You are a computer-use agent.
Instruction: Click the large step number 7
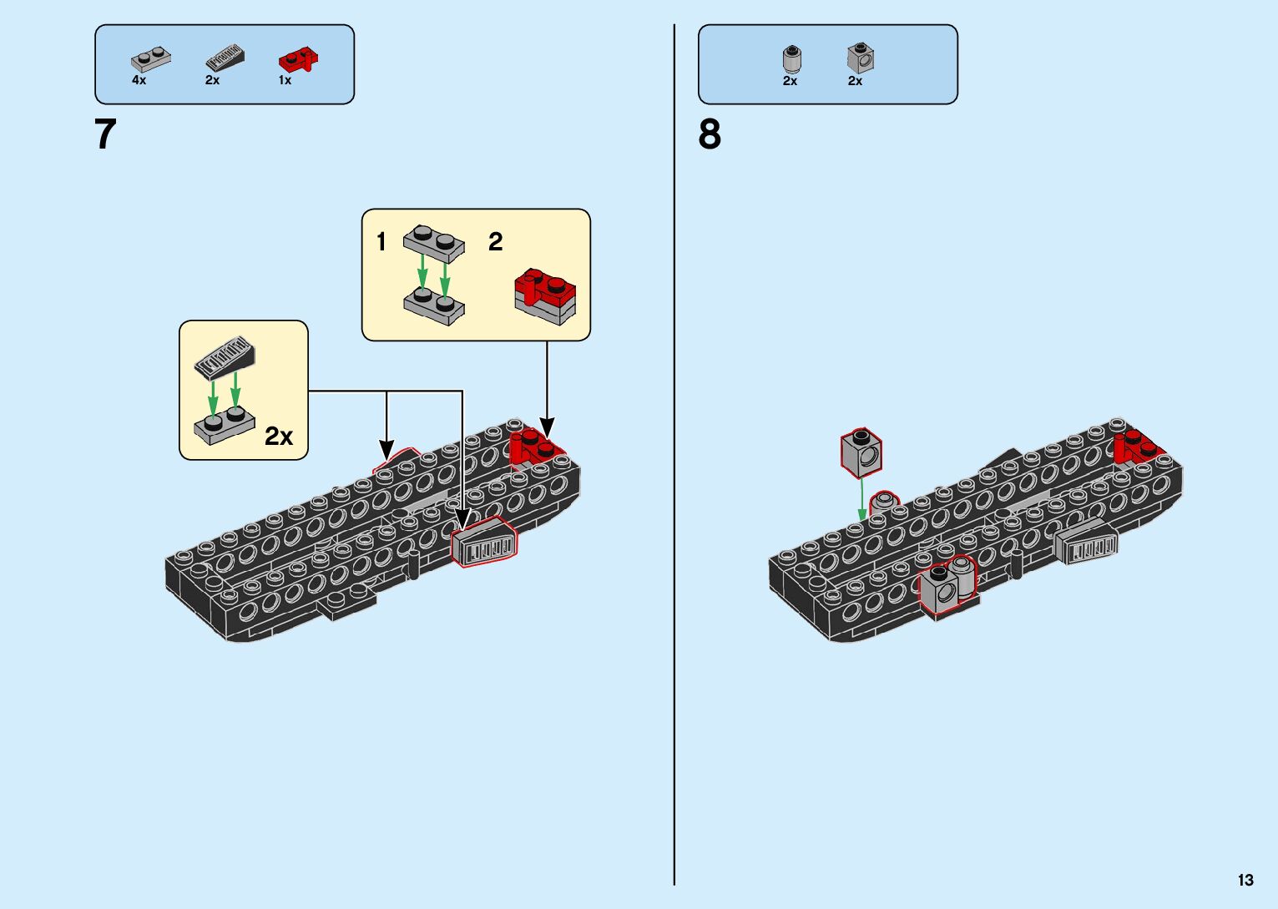105,134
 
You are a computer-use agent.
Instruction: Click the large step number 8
710,134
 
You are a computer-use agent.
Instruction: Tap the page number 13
1245,880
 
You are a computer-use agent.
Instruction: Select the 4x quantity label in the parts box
139,80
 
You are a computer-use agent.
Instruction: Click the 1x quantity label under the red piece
285,80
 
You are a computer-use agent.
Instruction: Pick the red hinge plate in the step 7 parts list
298,58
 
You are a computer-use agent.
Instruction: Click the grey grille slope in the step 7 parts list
225,58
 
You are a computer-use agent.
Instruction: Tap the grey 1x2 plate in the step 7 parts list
150,58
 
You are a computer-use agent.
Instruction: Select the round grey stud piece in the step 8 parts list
791,58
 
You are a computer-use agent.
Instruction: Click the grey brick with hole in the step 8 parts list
861,58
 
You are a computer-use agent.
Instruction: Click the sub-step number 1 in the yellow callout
381,241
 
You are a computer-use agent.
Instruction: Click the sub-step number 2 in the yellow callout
495,241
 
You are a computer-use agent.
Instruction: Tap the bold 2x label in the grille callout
279,437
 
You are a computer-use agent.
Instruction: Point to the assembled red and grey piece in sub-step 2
545,296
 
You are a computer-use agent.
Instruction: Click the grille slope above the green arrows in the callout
225,358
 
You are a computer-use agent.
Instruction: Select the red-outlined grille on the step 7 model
484,542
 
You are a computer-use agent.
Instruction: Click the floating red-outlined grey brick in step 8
861,453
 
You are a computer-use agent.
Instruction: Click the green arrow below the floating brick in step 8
862,500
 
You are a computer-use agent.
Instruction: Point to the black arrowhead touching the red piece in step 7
547,428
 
